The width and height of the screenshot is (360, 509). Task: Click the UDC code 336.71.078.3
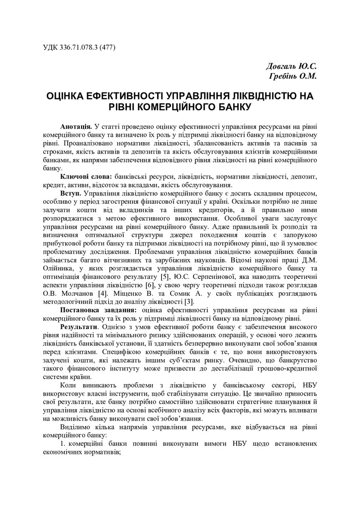point(79,48)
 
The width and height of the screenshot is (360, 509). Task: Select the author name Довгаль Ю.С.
point(291,66)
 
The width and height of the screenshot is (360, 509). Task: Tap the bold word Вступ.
point(71,193)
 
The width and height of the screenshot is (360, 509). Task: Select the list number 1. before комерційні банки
point(63,444)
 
